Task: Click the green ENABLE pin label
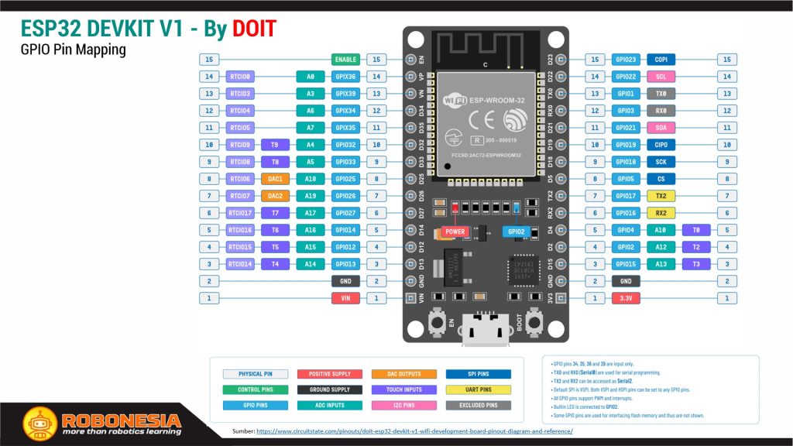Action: (345, 60)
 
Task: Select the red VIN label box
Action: (345, 298)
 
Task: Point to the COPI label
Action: (661, 60)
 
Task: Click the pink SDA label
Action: (661, 128)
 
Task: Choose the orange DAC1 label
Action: (275, 179)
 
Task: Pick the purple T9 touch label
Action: (275, 145)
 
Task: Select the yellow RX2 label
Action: (661, 213)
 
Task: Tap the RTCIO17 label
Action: (240, 213)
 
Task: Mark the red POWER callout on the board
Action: (455, 232)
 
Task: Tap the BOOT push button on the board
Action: (534, 321)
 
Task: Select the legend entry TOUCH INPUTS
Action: (404, 389)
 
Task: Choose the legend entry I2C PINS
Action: (404, 405)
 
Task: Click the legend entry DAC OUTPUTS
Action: (404, 374)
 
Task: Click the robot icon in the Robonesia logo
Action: (36, 423)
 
